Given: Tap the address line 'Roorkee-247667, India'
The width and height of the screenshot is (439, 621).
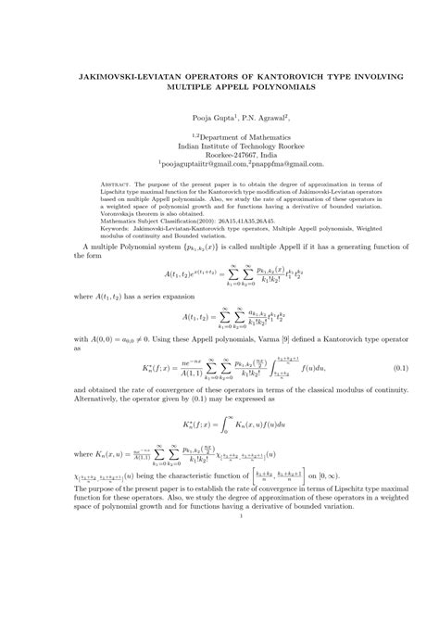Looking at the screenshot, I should pos(219,160).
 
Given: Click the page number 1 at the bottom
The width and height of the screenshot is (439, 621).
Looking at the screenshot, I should pos(219,608).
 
